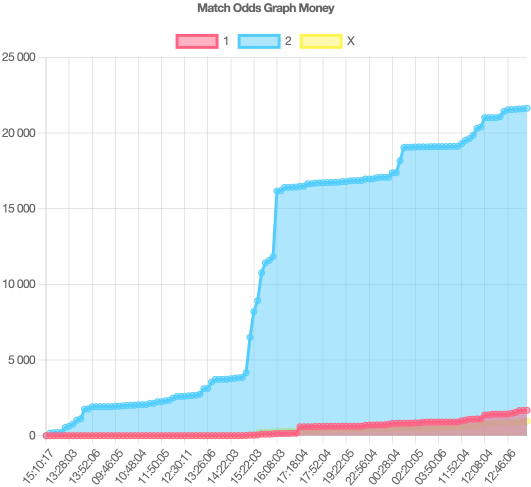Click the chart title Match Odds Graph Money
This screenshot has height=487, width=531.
click(x=265, y=8)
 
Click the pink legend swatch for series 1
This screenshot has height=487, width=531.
click(x=197, y=41)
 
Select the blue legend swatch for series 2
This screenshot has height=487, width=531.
click(x=258, y=41)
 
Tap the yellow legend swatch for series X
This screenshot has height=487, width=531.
click(x=320, y=41)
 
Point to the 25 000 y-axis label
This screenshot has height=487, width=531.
click(x=19, y=57)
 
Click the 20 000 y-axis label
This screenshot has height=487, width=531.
click(x=19, y=133)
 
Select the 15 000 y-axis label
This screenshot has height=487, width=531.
click(x=19, y=208)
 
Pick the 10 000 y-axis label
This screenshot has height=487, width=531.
click(x=19, y=284)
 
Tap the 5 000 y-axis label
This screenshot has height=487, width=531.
click(x=22, y=360)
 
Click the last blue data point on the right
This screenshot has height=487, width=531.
click(x=526, y=108)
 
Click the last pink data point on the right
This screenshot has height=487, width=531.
click(x=526, y=410)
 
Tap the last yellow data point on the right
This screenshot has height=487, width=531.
click(x=526, y=421)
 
